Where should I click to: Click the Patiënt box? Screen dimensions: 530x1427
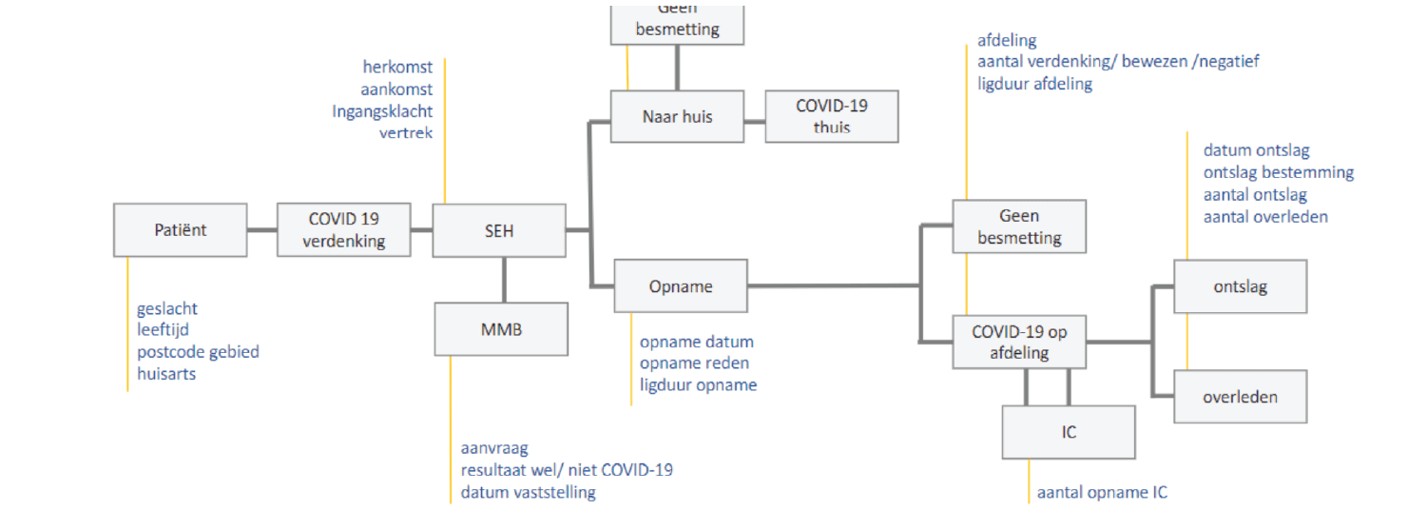(181, 229)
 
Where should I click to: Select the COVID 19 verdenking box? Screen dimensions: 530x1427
(344, 229)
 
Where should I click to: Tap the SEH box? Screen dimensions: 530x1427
(499, 229)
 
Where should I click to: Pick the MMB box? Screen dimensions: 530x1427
(501, 329)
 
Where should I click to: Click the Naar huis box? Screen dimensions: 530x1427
(677, 117)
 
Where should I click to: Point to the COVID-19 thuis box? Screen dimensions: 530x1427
(832, 116)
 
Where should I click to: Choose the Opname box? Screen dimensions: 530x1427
(681, 285)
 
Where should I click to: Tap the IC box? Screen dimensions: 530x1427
(1069, 432)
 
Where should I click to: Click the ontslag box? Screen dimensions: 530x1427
(1241, 286)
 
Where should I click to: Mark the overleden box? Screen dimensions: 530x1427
(1241, 397)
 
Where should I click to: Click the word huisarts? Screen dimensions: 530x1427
(166, 374)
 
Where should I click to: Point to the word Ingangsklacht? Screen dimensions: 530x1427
(382, 111)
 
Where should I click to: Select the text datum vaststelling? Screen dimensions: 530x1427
(529, 492)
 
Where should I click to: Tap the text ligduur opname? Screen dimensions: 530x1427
(699, 385)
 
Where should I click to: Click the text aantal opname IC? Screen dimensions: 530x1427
(1102, 493)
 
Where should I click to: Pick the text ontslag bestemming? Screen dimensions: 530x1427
(1279, 172)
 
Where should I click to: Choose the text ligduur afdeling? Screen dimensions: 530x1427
(1034, 84)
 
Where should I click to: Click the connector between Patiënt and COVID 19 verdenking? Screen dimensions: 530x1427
(262, 229)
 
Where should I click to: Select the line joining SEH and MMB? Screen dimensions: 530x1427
(502, 280)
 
